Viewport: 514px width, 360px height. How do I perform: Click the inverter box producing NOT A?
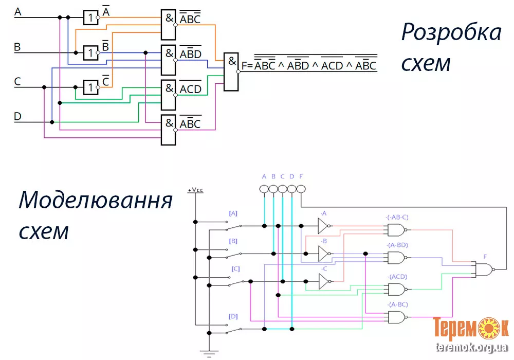[90, 17]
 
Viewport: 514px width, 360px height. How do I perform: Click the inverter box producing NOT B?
[90, 52]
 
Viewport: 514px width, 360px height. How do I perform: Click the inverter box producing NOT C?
[90, 87]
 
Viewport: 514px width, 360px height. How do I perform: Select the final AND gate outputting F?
[231, 71]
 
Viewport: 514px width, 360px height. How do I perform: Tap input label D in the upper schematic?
[17, 117]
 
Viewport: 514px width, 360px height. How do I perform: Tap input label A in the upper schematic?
[17, 11]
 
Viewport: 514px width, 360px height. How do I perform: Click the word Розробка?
[451, 32]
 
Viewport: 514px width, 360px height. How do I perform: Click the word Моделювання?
[95, 200]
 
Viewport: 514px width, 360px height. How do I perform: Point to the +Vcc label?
[195, 190]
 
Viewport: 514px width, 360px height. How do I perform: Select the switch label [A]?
[233, 212]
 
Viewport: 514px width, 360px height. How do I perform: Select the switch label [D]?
[233, 316]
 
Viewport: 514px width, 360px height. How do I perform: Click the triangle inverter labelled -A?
[324, 225]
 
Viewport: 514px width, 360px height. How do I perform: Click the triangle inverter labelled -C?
[324, 281]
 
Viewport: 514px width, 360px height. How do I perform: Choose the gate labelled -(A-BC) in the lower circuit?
[397, 317]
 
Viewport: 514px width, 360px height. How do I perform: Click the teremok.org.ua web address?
[471, 348]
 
